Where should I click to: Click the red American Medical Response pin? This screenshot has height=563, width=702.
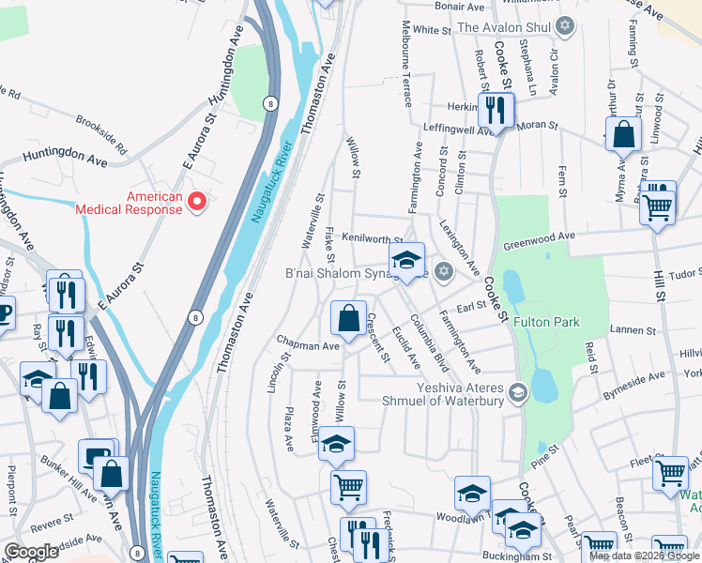(x=197, y=201)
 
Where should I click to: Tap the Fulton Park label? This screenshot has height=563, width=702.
(x=566, y=322)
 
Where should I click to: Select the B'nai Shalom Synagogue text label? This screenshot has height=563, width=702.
(x=356, y=274)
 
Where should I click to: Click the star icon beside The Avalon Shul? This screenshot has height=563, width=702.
(x=564, y=26)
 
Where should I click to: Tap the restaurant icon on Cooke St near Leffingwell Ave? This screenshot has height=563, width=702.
(x=494, y=110)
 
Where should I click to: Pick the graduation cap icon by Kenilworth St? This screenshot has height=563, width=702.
(x=406, y=260)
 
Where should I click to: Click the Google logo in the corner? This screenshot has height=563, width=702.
(x=31, y=552)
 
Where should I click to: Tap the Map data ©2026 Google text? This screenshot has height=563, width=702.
(x=644, y=555)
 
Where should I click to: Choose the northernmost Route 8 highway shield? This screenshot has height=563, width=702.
(x=270, y=103)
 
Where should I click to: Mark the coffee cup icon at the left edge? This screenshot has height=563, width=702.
(x=4, y=312)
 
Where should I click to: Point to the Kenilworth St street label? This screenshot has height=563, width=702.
(x=373, y=238)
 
